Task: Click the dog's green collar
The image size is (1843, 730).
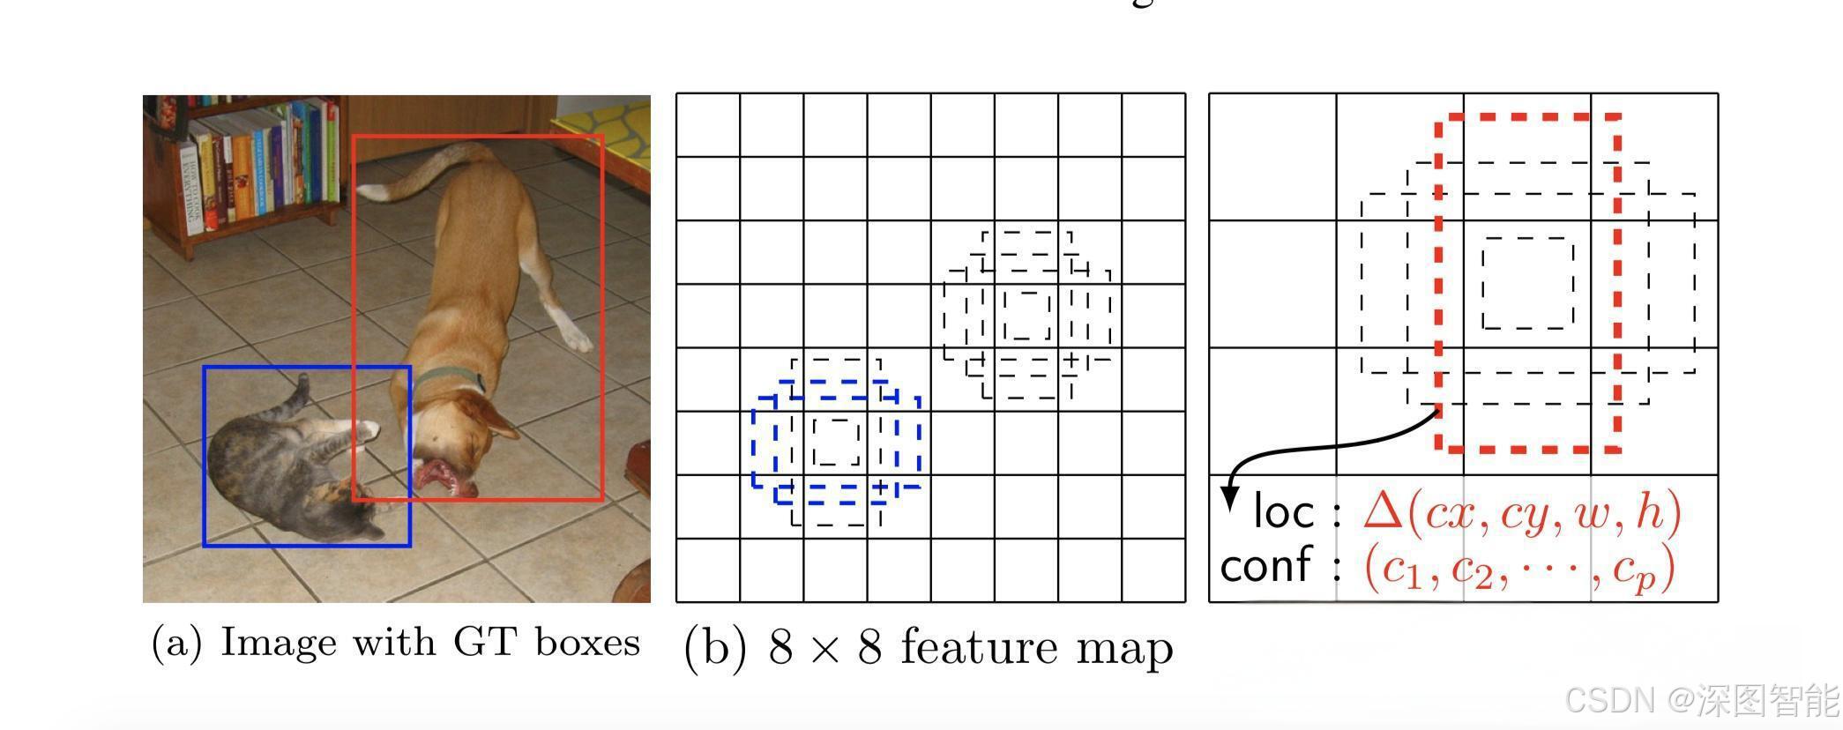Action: pos(450,379)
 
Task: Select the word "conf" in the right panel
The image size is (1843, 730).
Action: pos(1265,564)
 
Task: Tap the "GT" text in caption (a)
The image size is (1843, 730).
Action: pos(484,642)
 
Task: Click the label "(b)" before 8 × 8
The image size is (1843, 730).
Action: pos(715,648)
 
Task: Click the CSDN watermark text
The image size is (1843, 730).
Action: pos(1608,700)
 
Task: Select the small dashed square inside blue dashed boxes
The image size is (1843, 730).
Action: pos(836,442)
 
